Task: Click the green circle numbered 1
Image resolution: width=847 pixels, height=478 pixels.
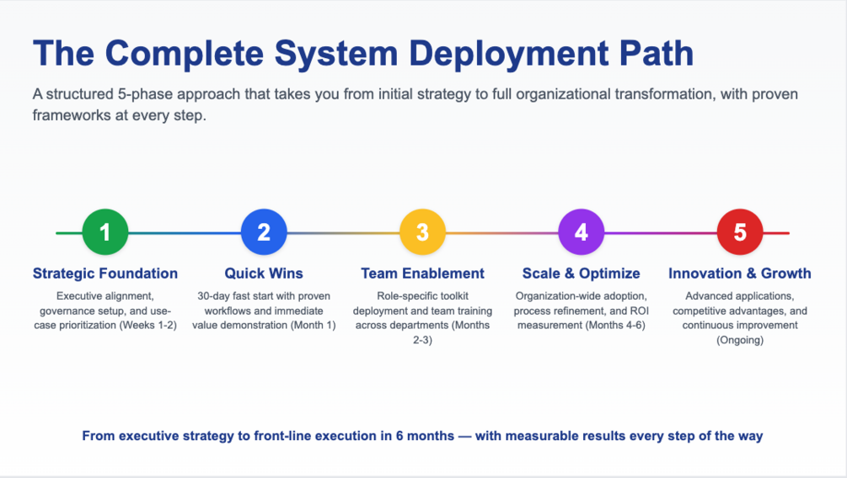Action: pyautogui.click(x=105, y=232)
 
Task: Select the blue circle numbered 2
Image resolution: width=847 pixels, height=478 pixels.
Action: pyautogui.click(x=264, y=232)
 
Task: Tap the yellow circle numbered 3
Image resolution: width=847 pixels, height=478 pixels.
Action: pyautogui.click(x=422, y=232)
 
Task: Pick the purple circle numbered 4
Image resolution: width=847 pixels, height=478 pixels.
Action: pyautogui.click(x=582, y=232)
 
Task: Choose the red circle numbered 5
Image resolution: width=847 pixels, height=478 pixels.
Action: pyautogui.click(x=740, y=232)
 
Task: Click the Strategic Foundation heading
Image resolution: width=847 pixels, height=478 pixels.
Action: pyautogui.click(x=105, y=274)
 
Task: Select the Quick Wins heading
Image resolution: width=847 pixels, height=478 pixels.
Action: pyautogui.click(x=264, y=274)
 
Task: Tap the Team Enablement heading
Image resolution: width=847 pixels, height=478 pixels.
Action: pyautogui.click(x=422, y=274)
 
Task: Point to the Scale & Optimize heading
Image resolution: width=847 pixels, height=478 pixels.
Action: pyautogui.click(x=582, y=274)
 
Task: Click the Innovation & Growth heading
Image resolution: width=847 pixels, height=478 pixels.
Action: pyautogui.click(x=740, y=274)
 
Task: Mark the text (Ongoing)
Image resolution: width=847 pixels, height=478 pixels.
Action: pyautogui.click(x=740, y=340)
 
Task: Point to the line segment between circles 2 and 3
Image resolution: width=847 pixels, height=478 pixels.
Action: pyautogui.click(x=343, y=233)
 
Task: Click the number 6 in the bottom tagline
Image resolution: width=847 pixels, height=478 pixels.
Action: pyautogui.click(x=399, y=436)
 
